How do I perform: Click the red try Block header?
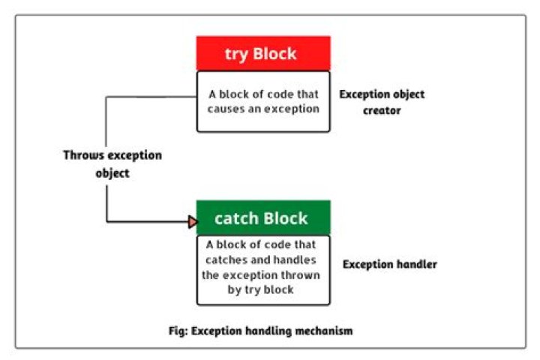[x=262, y=54]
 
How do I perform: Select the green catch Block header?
[x=262, y=218]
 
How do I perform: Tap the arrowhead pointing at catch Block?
[x=192, y=222]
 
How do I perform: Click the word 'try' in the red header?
[x=238, y=54]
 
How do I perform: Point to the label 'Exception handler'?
[x=389, y=264]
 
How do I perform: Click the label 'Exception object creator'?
[x=382, y=102]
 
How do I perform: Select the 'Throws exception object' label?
[x=112, y=163]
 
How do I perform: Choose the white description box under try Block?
[x=262, y=101]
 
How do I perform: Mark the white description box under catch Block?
[x=262, y=270]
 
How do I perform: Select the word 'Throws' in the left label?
[x=82, y=155]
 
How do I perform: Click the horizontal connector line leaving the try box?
[x=150, y=96]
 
